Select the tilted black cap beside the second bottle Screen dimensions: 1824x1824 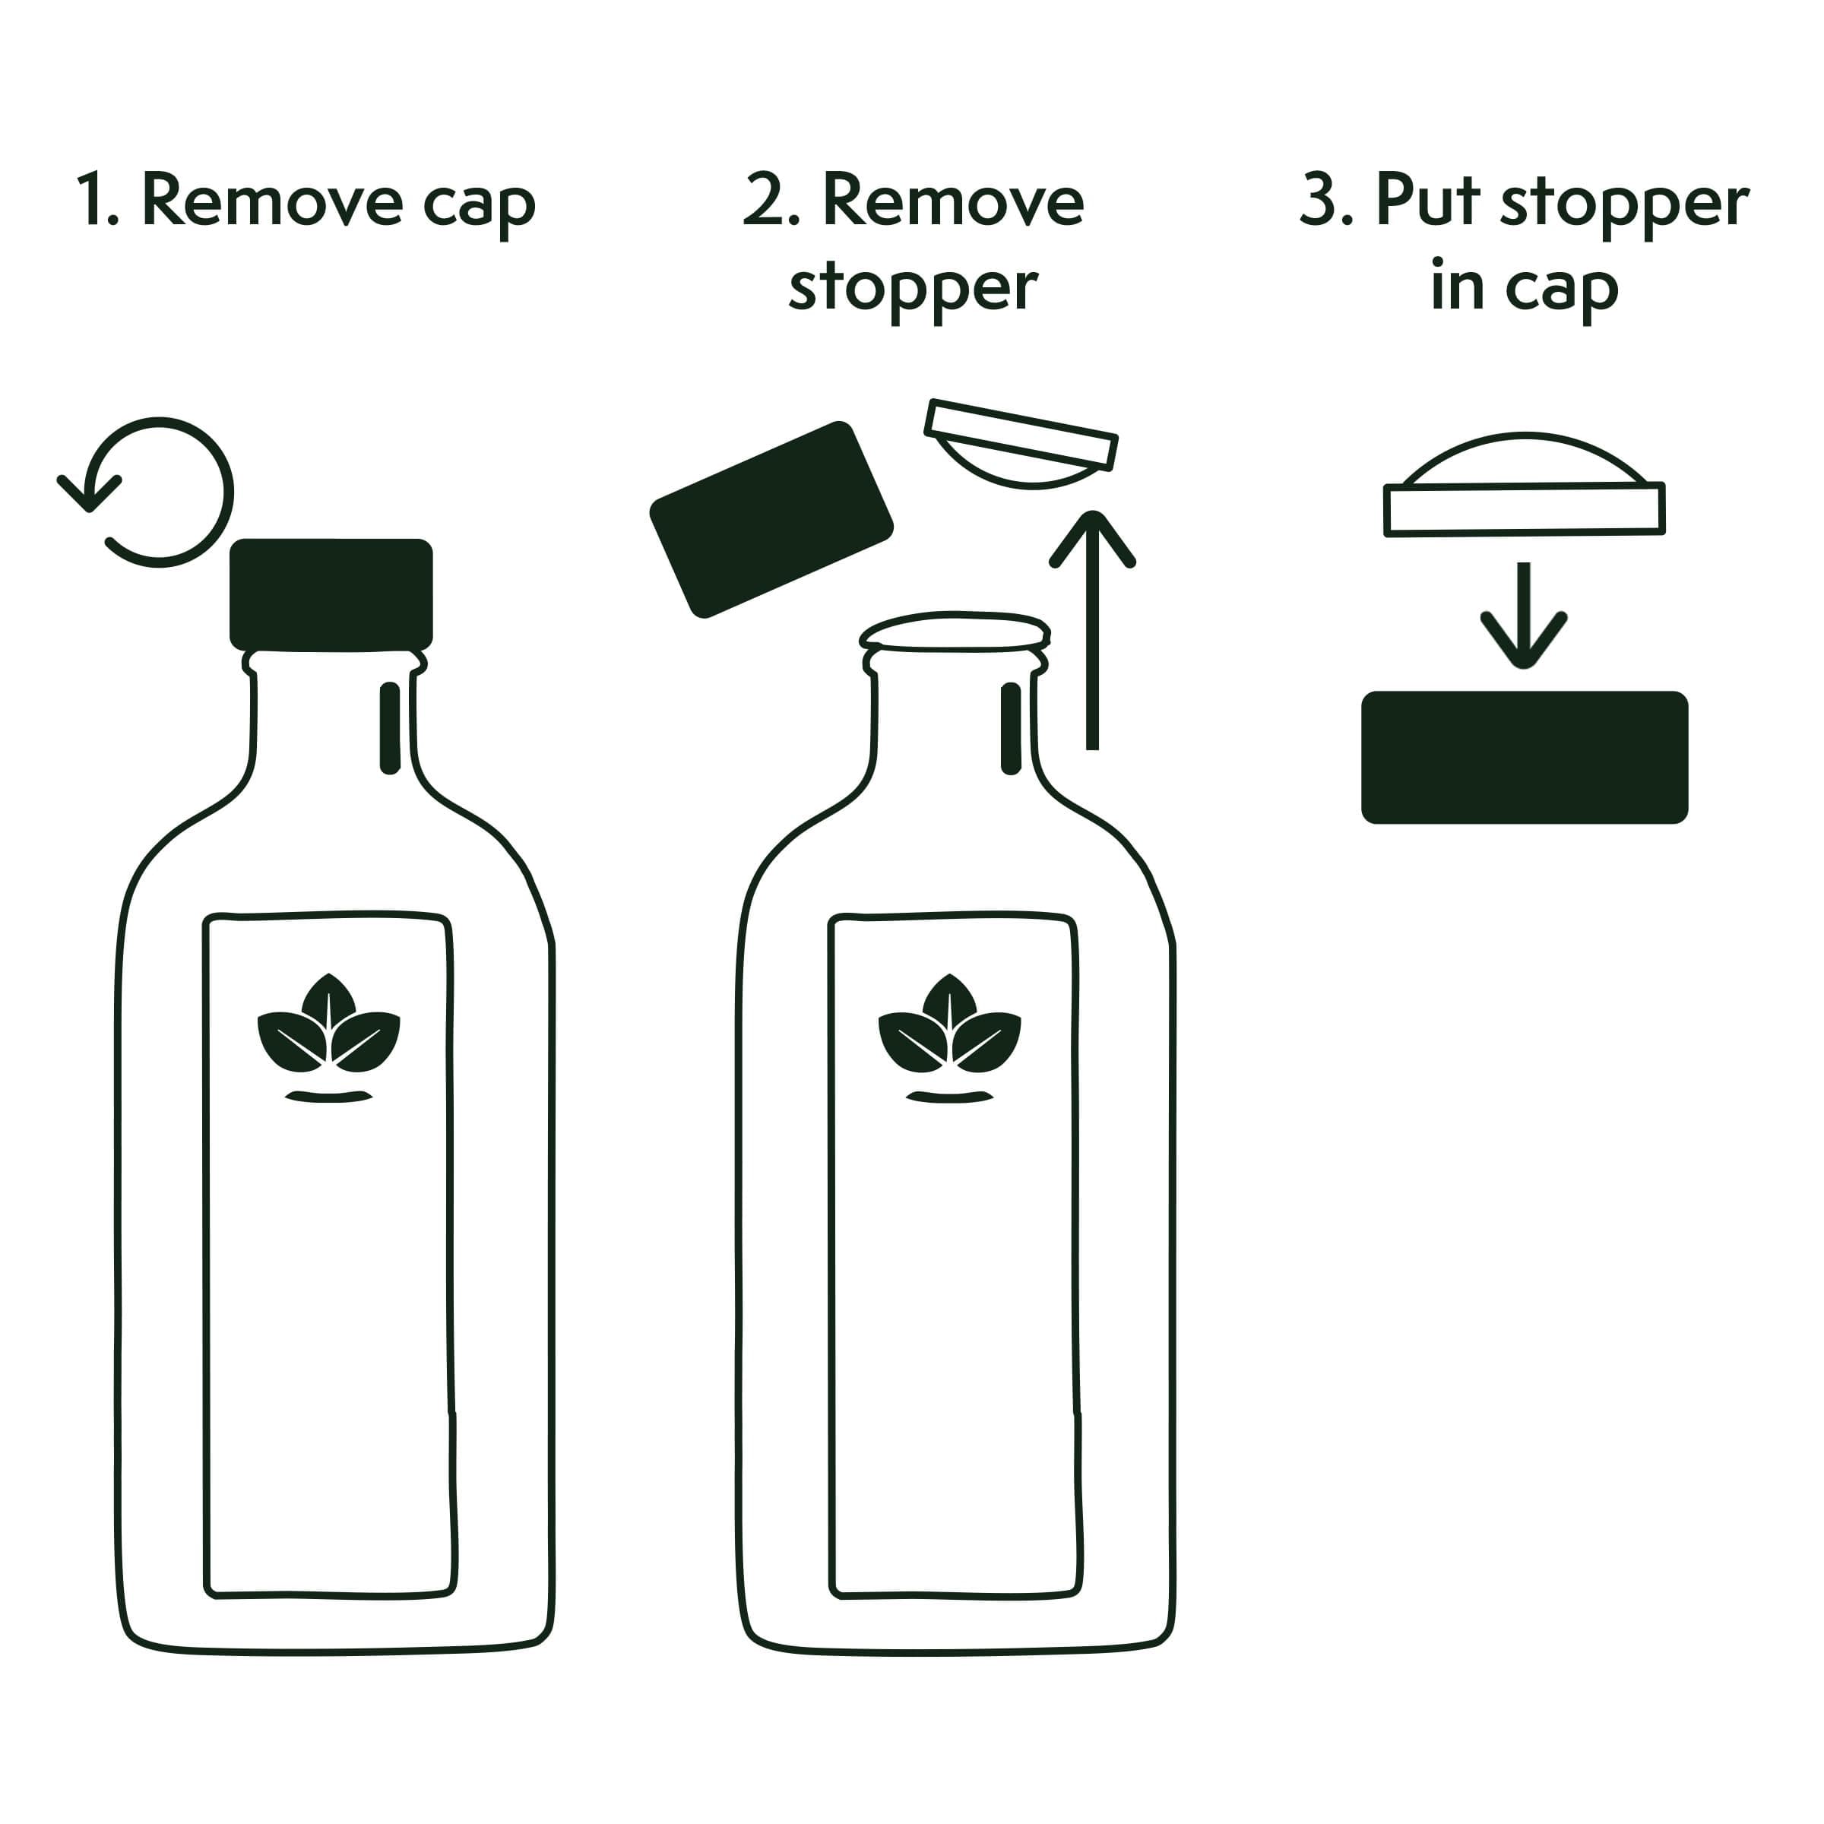coord(771,519)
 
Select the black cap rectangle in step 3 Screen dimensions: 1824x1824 coord(1524,757)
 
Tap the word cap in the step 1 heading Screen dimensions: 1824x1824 coord(479,206)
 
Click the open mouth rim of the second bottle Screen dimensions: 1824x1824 coord(955,632)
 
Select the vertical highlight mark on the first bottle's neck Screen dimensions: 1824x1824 coord(390,728)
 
